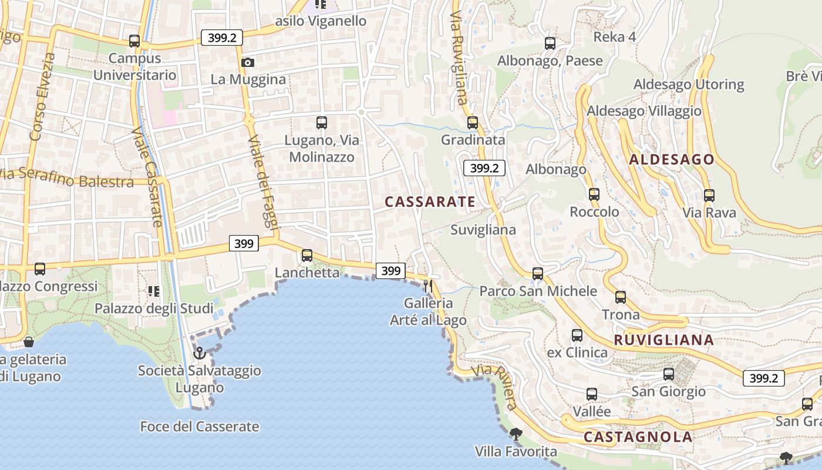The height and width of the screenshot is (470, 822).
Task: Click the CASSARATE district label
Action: click(x=430, y=202)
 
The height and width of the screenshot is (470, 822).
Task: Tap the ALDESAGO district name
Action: click(x=671, y=159)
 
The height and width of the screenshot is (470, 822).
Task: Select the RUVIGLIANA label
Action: click(x=663, y=340)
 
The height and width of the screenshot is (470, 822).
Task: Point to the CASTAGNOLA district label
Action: click(x=638, y=437)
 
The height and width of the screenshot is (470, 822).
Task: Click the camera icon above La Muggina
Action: click(x=248, y=62)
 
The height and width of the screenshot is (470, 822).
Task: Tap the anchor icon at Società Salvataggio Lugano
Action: click(x=200, y=352)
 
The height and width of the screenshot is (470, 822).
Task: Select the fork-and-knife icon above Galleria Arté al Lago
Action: click(x=428, y=286)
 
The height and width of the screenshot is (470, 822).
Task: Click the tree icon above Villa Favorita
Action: click(x=516, y=435)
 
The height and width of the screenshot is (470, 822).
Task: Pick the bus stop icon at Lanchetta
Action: click(x=307, y=256)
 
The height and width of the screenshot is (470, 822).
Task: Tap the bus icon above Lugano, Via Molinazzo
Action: click(x=322, y=123)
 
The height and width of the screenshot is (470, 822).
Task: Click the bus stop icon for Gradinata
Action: click(x=473, y=123)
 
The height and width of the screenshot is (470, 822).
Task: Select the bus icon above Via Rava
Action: click(x=709, y=196)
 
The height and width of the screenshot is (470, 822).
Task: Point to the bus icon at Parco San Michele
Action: click(x=538, y=274)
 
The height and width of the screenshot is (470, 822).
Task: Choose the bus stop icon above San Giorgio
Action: click(x=668, y=374)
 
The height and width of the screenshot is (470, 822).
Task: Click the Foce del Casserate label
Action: click(x=199, y=427)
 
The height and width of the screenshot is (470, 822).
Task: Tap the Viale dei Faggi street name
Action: click(x=264, y=182)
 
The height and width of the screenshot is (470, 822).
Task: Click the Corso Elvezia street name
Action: click(x=42, y=97)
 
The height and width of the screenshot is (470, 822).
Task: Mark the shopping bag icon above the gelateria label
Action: click(x=28, y=342)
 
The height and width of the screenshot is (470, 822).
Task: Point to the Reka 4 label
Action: click(x=614, y=37)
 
